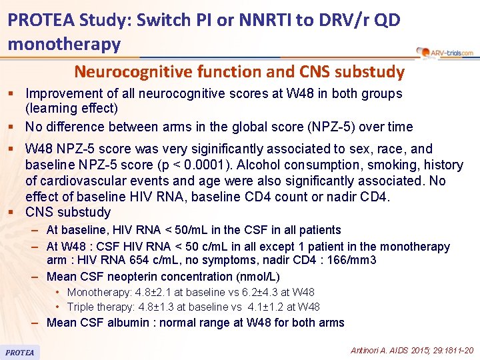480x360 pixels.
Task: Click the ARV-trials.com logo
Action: tap(444, 52)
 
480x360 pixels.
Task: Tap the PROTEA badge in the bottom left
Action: tap(20, 352)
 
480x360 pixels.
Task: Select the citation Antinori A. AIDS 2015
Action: tap(412, 350)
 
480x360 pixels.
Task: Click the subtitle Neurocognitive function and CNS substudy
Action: tap(239, 71)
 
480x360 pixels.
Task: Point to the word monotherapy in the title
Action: tap(64, 44)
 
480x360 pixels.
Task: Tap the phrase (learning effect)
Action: tap(71, 109)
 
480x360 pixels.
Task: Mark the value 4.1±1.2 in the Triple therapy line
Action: tap(255, 307)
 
